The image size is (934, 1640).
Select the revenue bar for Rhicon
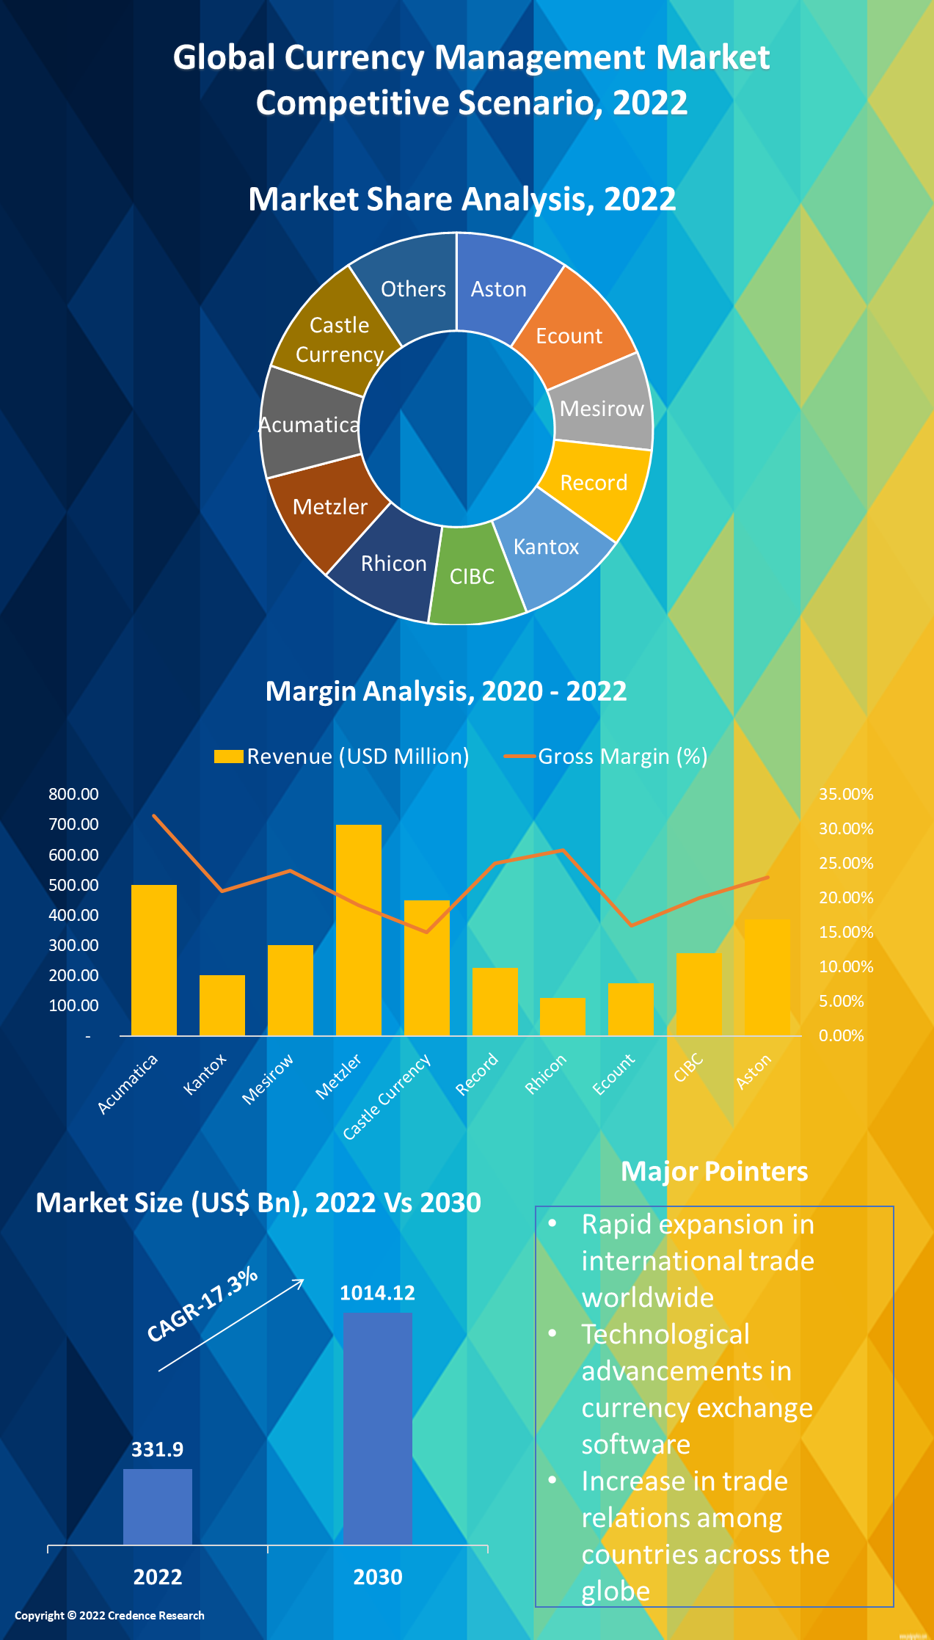click(562, 1017)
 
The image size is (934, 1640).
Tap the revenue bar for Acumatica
click(153, 961)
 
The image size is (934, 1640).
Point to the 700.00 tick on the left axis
click(73, 824)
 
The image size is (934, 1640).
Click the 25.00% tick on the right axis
click(845, 863)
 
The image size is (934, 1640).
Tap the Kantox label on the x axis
click(205, 1074)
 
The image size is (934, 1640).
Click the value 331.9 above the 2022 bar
click(157, 1449)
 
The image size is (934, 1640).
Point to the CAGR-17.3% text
click(202, 1305)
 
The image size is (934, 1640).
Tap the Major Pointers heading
click(714, 1171)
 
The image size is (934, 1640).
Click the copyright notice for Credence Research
click(109, 1615)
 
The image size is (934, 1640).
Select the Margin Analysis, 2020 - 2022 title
click(445, 690)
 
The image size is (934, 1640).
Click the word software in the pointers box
click(635, 1444)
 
